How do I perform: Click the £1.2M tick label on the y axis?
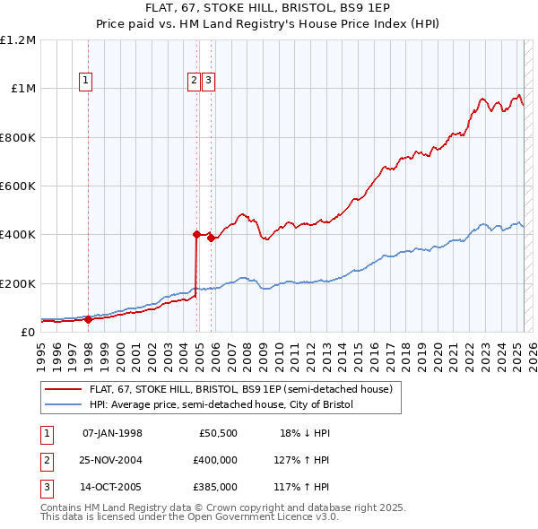(x=18, y=40)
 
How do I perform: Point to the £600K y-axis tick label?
(x=18, y=186)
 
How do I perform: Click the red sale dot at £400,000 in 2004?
(x=196, y=234)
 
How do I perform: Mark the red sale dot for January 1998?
(x=88, y=319)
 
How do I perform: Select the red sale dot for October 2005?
(x=211, y=238)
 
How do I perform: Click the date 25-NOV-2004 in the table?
(x=112, y=460)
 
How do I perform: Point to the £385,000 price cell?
(x=215, y=487)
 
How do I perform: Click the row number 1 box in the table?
(x=46, y=433)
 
